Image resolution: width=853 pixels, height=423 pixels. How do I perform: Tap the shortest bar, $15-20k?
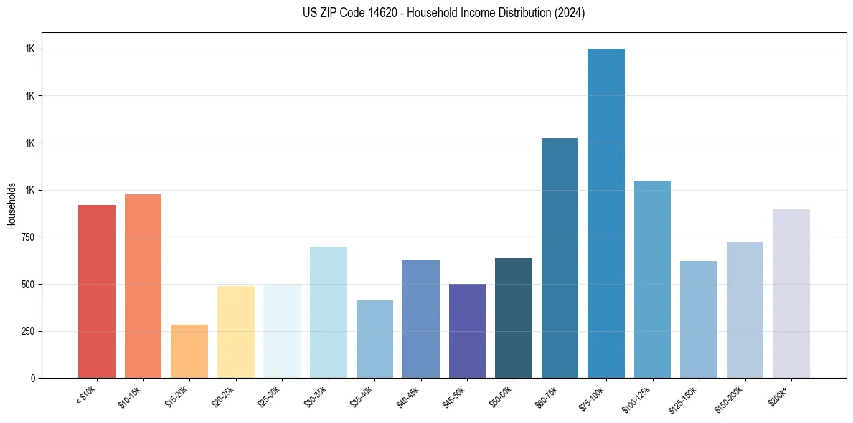[x=189, y=351]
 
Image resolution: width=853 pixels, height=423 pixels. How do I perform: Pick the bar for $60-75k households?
[x=560, y=258]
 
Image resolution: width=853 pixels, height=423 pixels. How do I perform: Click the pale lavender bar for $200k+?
[x=791, y=293]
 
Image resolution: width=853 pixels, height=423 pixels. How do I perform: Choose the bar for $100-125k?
[x=652, y=279]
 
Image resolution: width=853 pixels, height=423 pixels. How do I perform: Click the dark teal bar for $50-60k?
[x=514, y=318]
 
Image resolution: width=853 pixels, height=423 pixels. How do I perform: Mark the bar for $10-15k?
[x=143, y=286]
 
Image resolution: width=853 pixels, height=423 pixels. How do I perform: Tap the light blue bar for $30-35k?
[x=328, y=312]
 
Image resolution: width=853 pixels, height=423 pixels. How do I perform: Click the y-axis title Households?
[x=12, y=205]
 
